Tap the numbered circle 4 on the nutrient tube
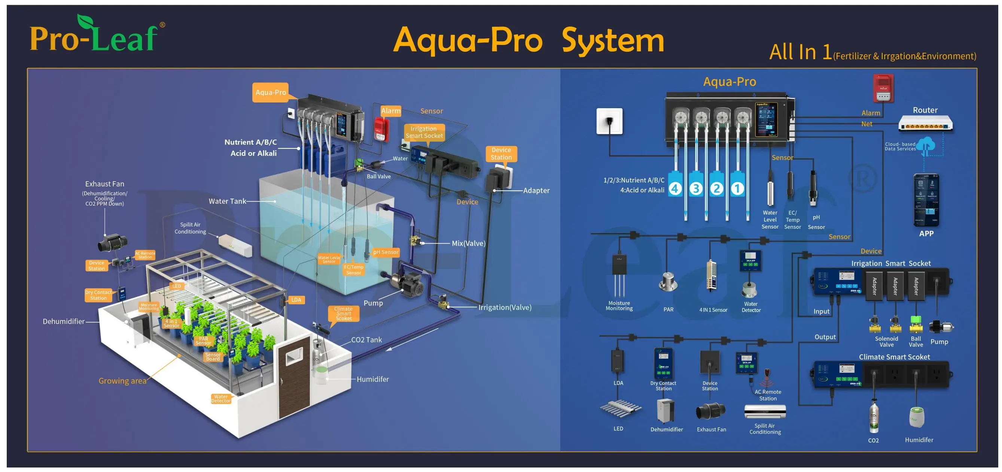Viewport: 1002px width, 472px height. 675,188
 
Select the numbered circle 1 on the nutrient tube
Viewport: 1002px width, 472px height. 737,188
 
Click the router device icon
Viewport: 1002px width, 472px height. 925,124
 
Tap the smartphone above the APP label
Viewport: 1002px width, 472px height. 926,200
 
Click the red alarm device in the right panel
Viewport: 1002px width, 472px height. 883,88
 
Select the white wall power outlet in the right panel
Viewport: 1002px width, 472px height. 609,121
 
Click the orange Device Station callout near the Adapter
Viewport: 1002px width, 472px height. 501,154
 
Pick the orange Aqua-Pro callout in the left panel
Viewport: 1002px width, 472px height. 270,92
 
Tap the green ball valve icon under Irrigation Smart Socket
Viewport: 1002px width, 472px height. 916,324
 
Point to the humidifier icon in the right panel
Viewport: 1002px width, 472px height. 917,417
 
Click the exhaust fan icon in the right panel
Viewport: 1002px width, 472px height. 711,411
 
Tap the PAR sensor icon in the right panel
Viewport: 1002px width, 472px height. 668,283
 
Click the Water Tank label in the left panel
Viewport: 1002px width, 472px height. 227,201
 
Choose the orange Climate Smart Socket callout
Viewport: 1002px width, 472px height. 344,314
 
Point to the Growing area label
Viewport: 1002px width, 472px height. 122,381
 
